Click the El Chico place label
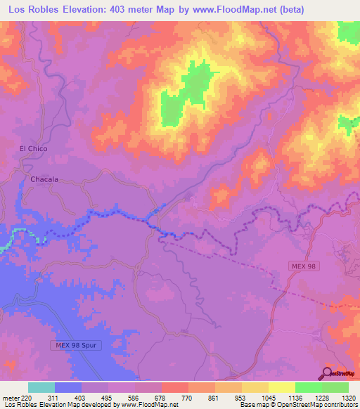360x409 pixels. point(32,148)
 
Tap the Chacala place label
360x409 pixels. point(44,179)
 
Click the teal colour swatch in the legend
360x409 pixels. point(41,387)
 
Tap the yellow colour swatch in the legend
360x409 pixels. point(282,387)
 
